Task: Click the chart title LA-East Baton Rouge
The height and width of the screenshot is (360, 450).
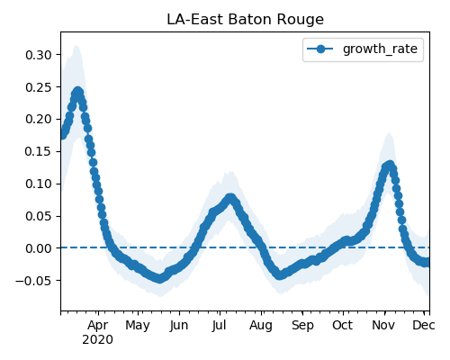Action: coord(245,20)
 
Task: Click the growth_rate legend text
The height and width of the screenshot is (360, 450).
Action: coord(380,49)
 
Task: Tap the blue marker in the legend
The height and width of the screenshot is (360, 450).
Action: coord(320,49)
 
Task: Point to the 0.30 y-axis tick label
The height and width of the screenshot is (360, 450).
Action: coord(39,55)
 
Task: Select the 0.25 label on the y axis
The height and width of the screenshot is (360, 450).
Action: coord(39,87)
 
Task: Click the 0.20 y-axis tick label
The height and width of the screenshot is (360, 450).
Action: coord(39,120)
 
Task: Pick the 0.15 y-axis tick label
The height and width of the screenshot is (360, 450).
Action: coord(39,151)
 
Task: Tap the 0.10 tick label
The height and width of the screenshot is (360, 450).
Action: coord(39,184)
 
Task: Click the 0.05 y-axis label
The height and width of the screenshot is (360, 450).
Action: coord(39,216)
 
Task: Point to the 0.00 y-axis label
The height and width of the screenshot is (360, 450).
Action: coord(39,248)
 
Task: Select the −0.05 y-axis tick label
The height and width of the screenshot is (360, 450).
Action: coord(34,281)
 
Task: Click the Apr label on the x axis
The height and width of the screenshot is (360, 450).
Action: coord(98,326)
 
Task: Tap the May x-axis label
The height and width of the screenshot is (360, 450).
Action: coord(138,326)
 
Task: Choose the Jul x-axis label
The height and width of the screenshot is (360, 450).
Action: coord(219,325)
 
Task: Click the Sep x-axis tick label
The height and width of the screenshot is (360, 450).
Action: coord(302,326)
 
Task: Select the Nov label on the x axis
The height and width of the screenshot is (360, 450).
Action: coord(383,325)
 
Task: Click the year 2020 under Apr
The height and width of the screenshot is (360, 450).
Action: coord(98,339)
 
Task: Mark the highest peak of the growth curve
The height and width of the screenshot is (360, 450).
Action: coord(78,92)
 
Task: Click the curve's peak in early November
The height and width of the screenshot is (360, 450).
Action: coord(390,166)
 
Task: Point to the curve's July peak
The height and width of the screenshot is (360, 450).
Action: coord(230,198)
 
